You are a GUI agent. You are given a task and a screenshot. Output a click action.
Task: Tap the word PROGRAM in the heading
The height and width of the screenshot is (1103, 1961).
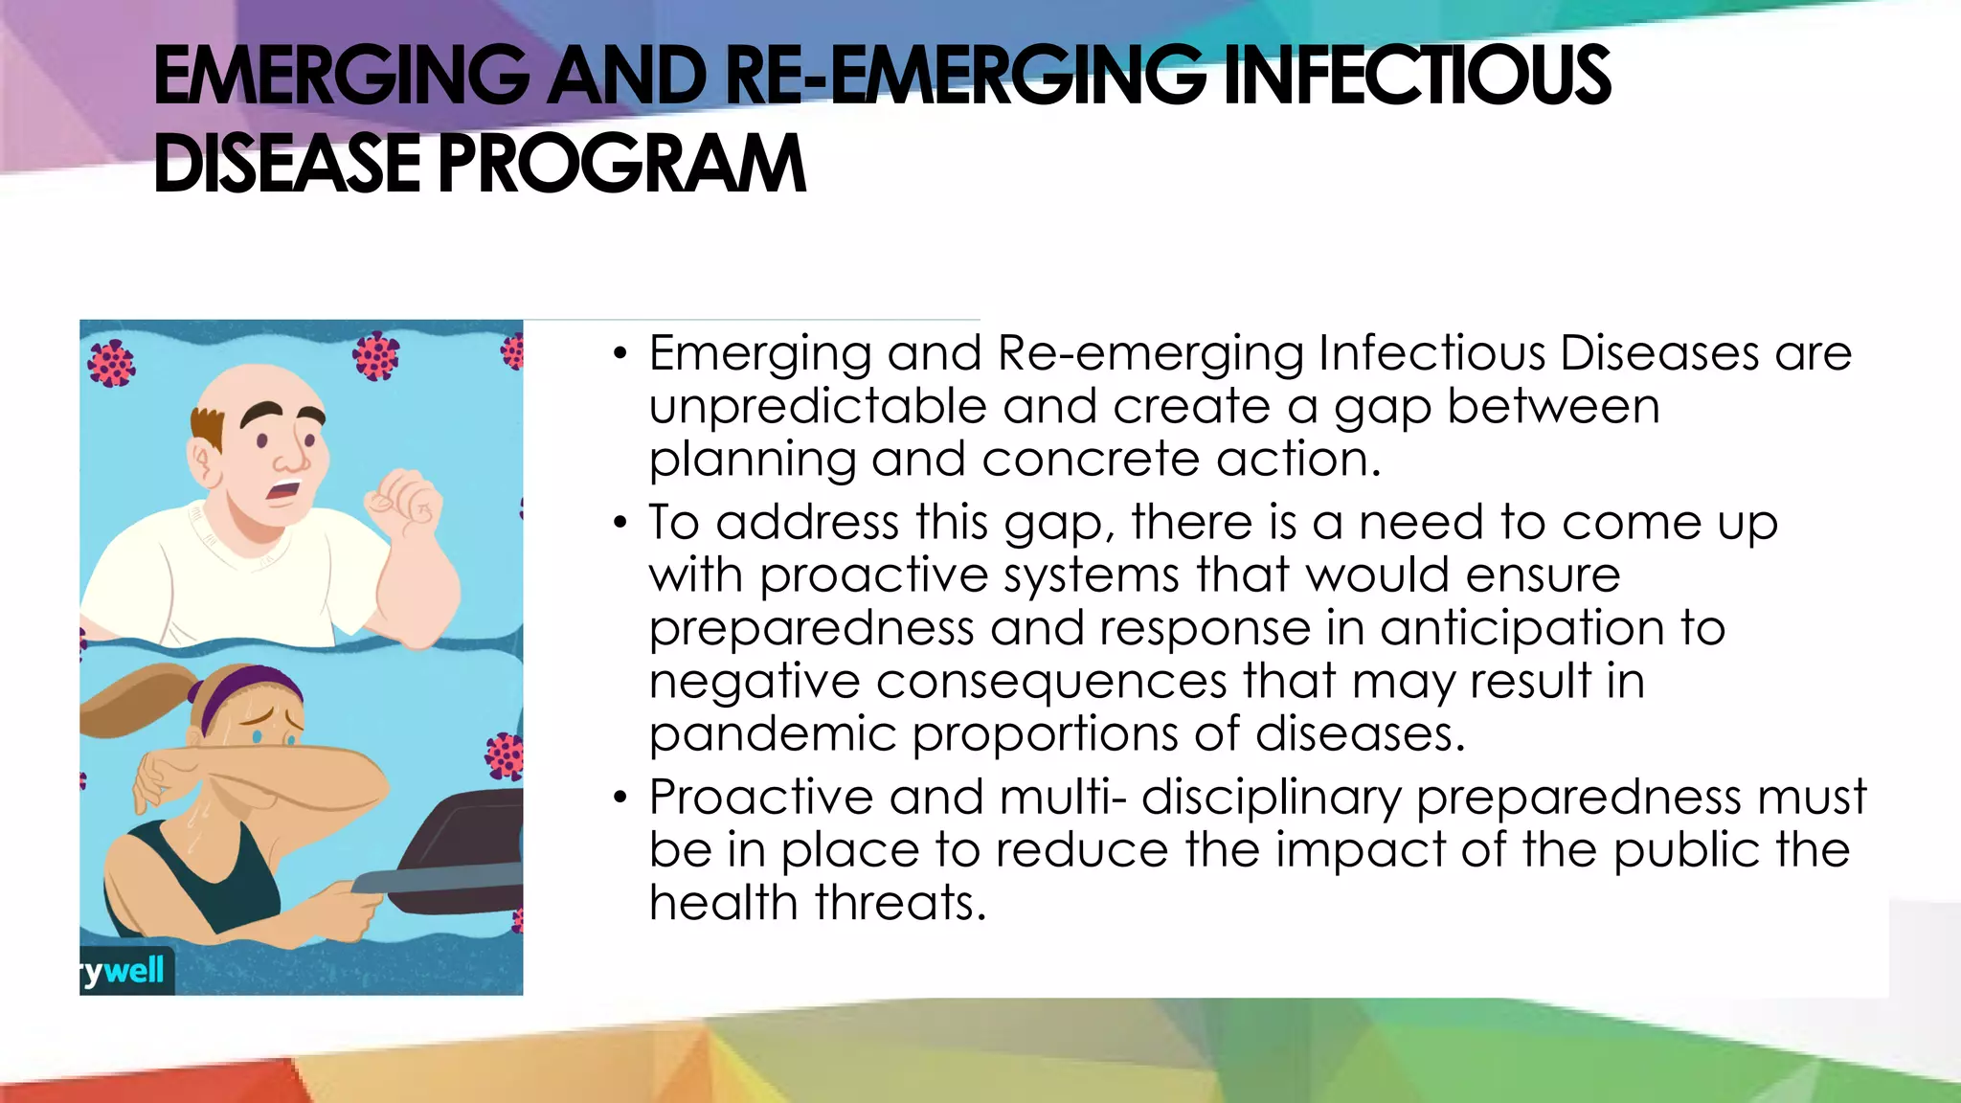tap(622, 164)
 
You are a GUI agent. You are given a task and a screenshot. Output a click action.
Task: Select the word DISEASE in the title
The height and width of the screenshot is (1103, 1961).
tap(286, 164)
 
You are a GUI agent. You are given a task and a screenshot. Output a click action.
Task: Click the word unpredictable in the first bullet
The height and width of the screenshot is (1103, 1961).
tap(817, 407)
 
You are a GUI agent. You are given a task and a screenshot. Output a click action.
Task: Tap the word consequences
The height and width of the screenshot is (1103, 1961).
tap(1051, 682)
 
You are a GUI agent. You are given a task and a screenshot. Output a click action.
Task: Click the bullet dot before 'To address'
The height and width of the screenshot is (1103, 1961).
tap(620, 523)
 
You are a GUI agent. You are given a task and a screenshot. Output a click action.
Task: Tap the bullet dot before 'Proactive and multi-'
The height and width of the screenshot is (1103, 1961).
tap(620, 797)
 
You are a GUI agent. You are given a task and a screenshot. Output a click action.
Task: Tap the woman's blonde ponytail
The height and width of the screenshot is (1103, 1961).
tap(134, 704)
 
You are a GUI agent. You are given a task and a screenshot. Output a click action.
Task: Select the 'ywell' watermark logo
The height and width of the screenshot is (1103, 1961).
tap(125, 971)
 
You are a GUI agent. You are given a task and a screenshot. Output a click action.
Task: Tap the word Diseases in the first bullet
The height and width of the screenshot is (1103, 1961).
tap(1659, 353)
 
